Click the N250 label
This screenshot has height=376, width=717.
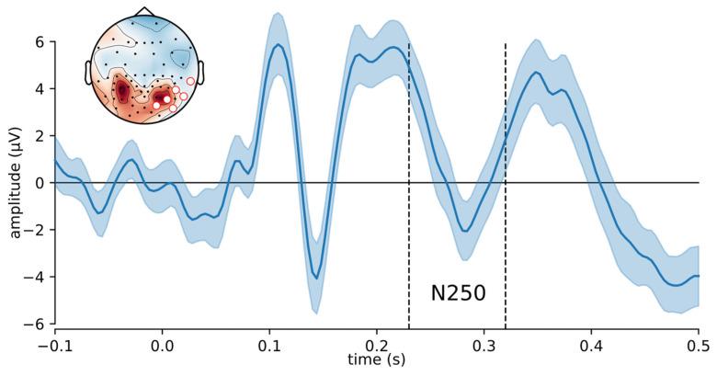458,293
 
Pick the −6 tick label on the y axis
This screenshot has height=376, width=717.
37,324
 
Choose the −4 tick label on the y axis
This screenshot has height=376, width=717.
37,277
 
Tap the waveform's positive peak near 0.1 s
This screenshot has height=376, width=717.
277,44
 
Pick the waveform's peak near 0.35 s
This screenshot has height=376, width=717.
537,72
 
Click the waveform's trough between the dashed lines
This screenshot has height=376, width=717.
466,230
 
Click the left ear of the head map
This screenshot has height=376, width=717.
89,71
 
